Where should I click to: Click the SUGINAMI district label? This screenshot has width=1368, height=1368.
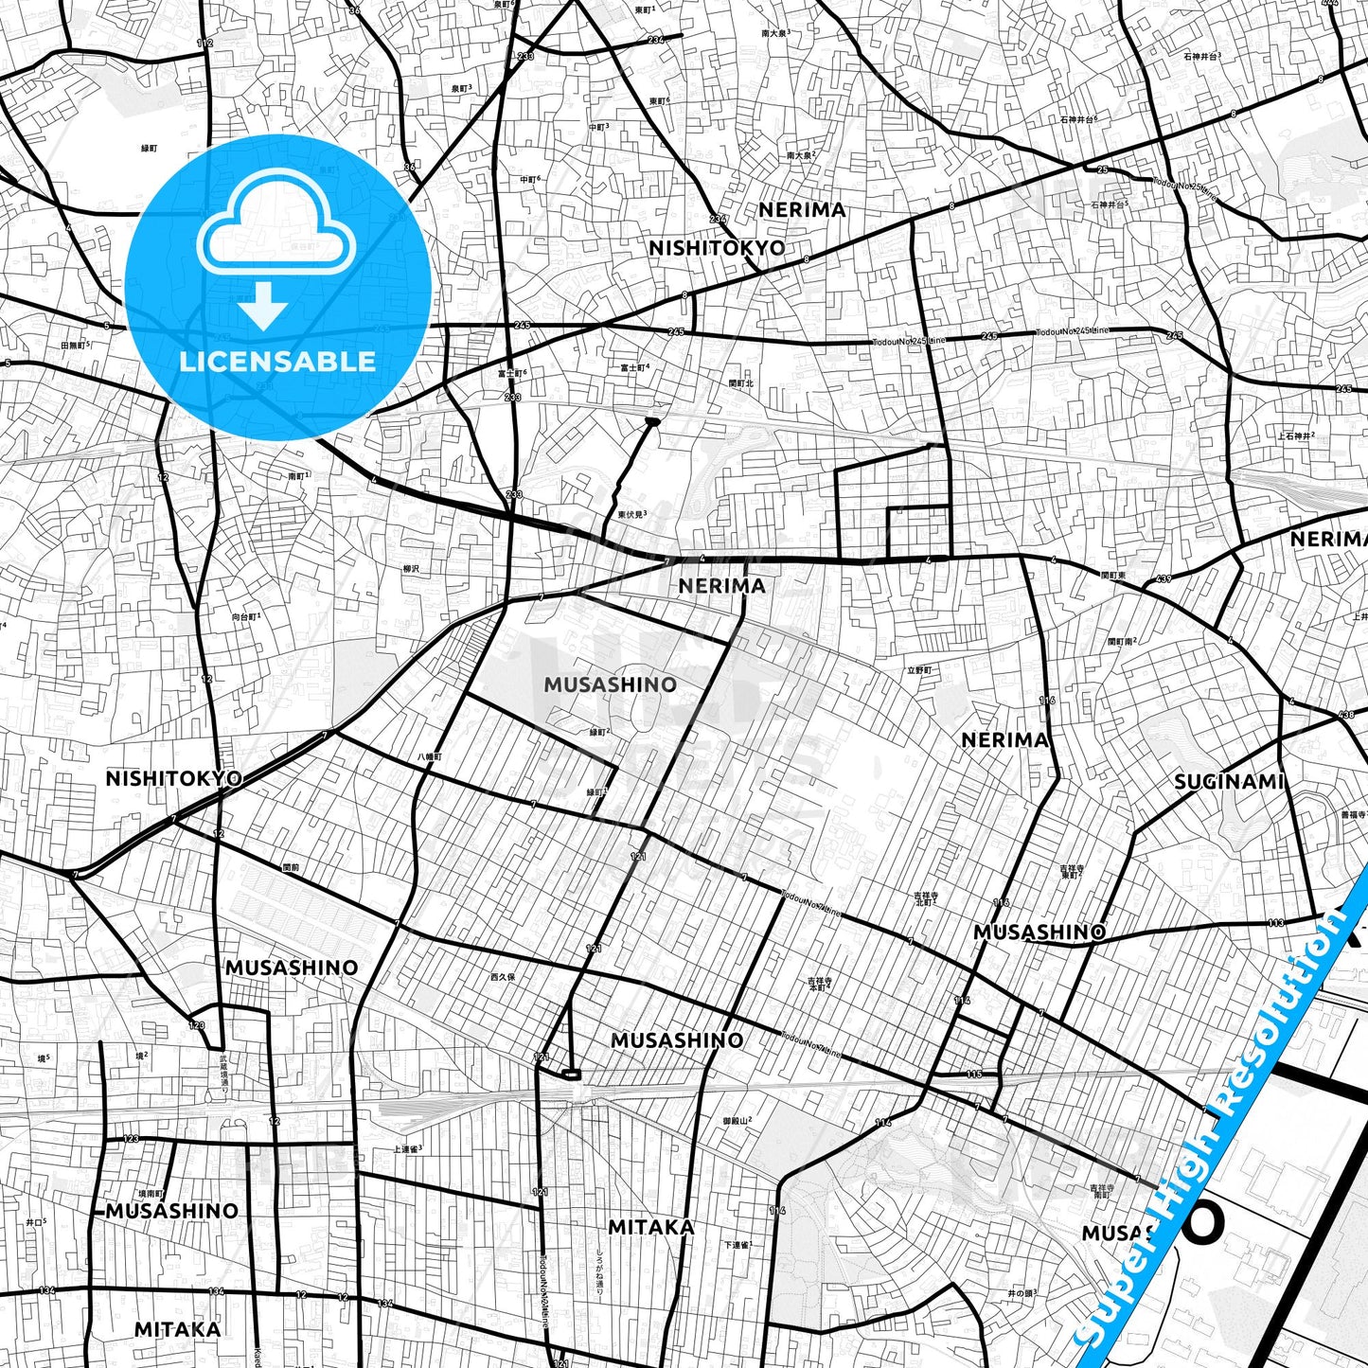pyautogui.click(x=1228, y=782)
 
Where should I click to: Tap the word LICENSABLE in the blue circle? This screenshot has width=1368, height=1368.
pyautogui.click(x=277, y=362)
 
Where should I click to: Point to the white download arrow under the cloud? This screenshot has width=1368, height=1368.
pyautogui.click(x=264, y=306)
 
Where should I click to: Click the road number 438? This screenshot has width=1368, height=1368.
pyautogui.click(x=1346, y=715)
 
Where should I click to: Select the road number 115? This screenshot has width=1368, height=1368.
pyautogui.click(x=974, y=1074)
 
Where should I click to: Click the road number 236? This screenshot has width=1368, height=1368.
pyautogui.click(x=655, y=40)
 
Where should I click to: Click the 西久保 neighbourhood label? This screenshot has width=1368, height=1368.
pyautogui.click(x=503, y=977)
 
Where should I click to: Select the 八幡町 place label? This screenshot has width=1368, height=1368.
pyautogui.click(x=430, y=757)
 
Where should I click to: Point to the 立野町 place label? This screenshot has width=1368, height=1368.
pyautogui.click(x=919, y=670)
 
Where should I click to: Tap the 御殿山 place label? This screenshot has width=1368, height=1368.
pyautogui.click(x=737, y=1121)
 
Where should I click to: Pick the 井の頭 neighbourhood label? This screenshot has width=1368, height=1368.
pyautogui.click(x=1022, y=1293)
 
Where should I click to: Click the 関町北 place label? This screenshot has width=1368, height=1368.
pyautogui.click(x=741, y=383)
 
